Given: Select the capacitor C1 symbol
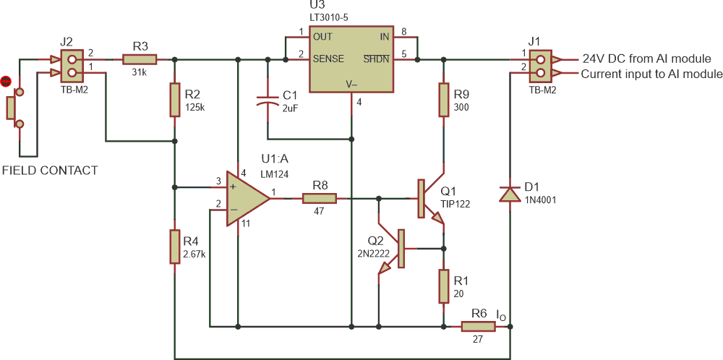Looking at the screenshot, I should pos(268,100).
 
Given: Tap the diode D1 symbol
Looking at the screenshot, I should pos(510,193).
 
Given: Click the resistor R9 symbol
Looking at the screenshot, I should pos(444,100).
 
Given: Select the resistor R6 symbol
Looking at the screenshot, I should pos(478,327).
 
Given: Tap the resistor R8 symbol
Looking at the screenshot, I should pos(319,197).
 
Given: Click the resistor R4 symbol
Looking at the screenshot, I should pos(174,247).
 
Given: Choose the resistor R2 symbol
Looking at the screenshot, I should pos(174,100).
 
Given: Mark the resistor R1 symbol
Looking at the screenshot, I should pos(444,286).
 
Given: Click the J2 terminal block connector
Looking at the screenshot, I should pos(67,65).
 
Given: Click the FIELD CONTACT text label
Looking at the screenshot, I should pos(49,171).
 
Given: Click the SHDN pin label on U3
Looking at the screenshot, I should pos(376,58).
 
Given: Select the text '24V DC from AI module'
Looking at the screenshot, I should pos(646,59).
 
